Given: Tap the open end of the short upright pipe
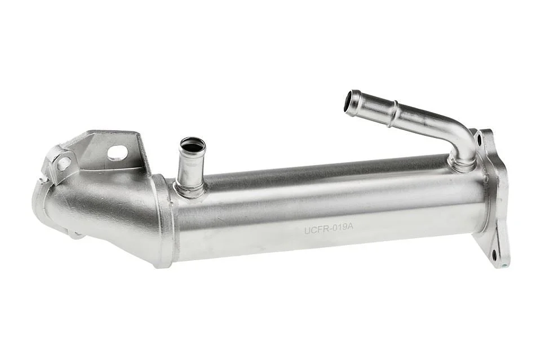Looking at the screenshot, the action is click(193, 145).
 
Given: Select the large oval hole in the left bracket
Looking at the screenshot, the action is click(117, 153).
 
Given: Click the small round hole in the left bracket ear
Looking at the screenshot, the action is click(64, 163).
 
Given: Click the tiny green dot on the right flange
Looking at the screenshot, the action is click(504, 266).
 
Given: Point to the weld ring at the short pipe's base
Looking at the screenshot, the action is click(190, 190).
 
